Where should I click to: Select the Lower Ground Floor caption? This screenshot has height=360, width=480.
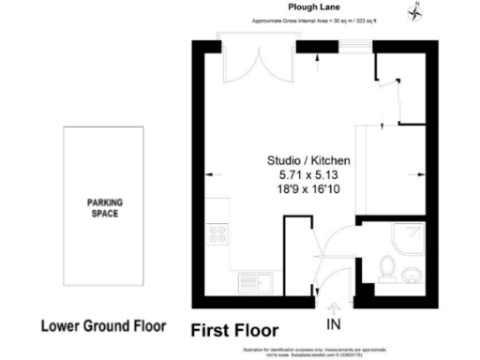click(x=103, y=327)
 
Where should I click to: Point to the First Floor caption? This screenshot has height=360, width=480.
click(x=235, y=330)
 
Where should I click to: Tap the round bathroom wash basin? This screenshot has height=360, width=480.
click(x=411, y=275)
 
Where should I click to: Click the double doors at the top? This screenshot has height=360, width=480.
click(x=243, y=61)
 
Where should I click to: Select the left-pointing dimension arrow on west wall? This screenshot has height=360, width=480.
click(x=207, y=173)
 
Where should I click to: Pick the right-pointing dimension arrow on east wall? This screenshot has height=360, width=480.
click(x=416, y=173)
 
